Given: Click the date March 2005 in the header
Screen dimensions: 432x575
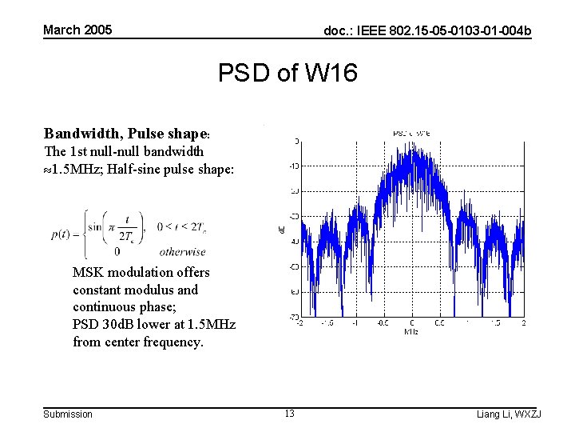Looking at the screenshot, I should pos(77,30).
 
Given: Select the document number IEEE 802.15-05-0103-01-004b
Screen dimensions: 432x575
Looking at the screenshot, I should pos(426,31).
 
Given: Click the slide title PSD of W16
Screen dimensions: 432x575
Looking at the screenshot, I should pos(287,74).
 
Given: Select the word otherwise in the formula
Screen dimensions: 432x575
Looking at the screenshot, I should pos(182,251).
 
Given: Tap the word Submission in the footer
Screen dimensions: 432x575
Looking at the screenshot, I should pos(68,414).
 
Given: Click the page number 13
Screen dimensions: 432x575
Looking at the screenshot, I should pos(289,414).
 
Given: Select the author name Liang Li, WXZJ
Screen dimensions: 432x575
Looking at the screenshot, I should pos(509,414).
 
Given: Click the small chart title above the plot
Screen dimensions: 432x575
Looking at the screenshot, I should pos(411,132).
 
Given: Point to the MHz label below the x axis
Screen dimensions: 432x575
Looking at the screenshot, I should pos(410,331).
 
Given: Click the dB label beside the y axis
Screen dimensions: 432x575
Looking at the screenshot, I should pos(281,230).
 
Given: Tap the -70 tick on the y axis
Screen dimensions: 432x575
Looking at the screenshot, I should pos(293,318).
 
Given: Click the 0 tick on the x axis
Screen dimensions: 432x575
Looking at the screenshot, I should pos(411,323).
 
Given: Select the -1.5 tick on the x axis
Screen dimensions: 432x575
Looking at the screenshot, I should pos(327,323).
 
